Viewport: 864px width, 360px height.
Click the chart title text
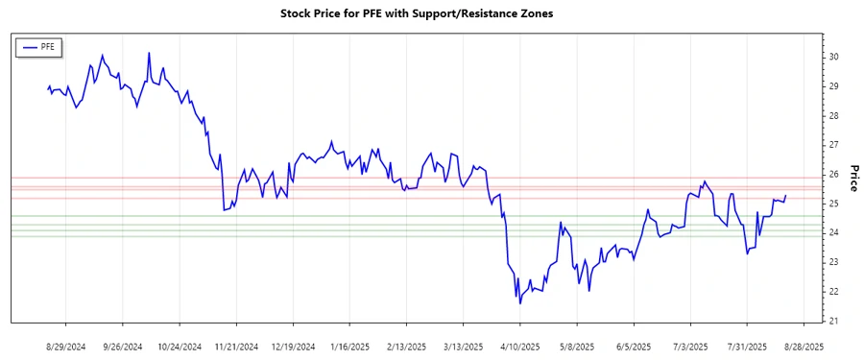[x=417, y=13]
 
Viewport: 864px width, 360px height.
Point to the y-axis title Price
[x=853, y=178]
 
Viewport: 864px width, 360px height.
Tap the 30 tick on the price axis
[x=833, y=57]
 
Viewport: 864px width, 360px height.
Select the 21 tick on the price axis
[x=833, y=321]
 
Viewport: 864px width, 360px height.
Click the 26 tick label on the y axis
[x=833, y=175]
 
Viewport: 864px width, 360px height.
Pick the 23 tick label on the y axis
[x=833, y=262]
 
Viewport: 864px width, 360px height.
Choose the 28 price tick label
[x=833, y=115]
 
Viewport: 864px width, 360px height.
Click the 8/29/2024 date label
[x=66, y=346]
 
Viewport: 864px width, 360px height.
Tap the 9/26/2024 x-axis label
[x=123, y=346]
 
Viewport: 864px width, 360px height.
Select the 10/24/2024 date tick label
[x=180, y=346]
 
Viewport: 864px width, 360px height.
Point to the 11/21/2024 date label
[x=236, y=346]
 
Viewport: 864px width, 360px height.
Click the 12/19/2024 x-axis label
[x=293, y=346]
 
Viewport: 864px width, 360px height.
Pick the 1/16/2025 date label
[x=350, y=346]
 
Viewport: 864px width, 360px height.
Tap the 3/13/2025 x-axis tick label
[x=464, y=346]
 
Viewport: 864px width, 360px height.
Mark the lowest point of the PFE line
[x=520, y=303]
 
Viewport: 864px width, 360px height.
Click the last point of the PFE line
[x=786, y=196]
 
